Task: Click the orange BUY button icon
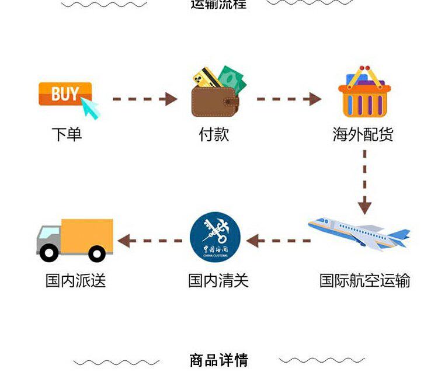click(x=65, y=95)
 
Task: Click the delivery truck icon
click(x=75, y=239)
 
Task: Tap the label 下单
click(x=67, y=135)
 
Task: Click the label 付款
click(x=214, y=135)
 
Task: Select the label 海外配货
click(x=363, y=135)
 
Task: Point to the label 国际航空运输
click(x=364, y=281)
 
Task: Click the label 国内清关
click(x=218, y=281)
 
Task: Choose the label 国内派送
click(x=76, y=281)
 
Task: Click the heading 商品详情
click(x=219, y=360)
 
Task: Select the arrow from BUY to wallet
click(x=145, y=99)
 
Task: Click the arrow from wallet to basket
click(x=288, y=99)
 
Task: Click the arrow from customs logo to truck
click(x=150, y=240)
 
